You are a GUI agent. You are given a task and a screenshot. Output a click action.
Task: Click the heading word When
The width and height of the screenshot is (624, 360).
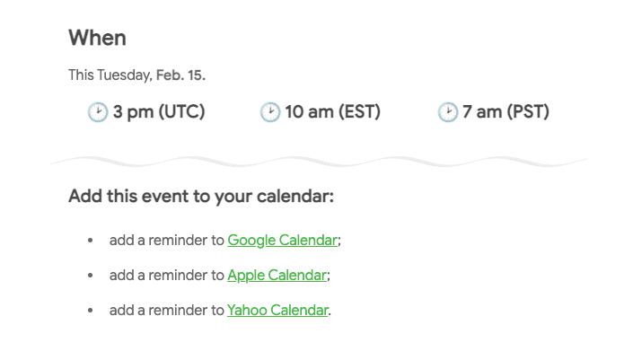97,38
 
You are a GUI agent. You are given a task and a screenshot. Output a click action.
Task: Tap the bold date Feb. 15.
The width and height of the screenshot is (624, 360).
180,75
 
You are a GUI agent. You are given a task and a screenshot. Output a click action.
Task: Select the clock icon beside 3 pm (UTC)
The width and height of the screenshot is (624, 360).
97,112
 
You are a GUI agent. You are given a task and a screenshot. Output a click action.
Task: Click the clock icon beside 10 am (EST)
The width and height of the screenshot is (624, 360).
269,112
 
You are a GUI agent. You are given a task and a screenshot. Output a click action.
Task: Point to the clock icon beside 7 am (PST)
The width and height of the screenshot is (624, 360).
447,112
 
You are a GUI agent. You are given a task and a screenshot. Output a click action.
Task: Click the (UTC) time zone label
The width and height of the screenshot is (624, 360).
181,112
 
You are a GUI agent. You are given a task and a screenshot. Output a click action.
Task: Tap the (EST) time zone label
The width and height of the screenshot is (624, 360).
357,112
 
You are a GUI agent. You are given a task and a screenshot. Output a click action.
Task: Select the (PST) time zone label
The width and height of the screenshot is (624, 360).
527,112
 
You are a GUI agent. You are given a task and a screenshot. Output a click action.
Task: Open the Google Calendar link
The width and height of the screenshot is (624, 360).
283,240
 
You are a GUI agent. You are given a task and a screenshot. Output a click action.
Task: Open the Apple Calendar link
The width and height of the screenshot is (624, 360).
277,275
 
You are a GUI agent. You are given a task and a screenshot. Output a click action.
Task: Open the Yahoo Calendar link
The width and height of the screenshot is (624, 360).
277,311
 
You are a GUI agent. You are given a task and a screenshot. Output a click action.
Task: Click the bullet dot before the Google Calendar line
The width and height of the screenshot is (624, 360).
90,241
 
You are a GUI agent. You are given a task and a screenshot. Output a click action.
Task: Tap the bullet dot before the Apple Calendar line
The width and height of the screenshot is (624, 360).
90,276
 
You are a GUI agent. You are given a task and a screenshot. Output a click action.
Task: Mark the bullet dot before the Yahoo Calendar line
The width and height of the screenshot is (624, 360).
90,312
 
